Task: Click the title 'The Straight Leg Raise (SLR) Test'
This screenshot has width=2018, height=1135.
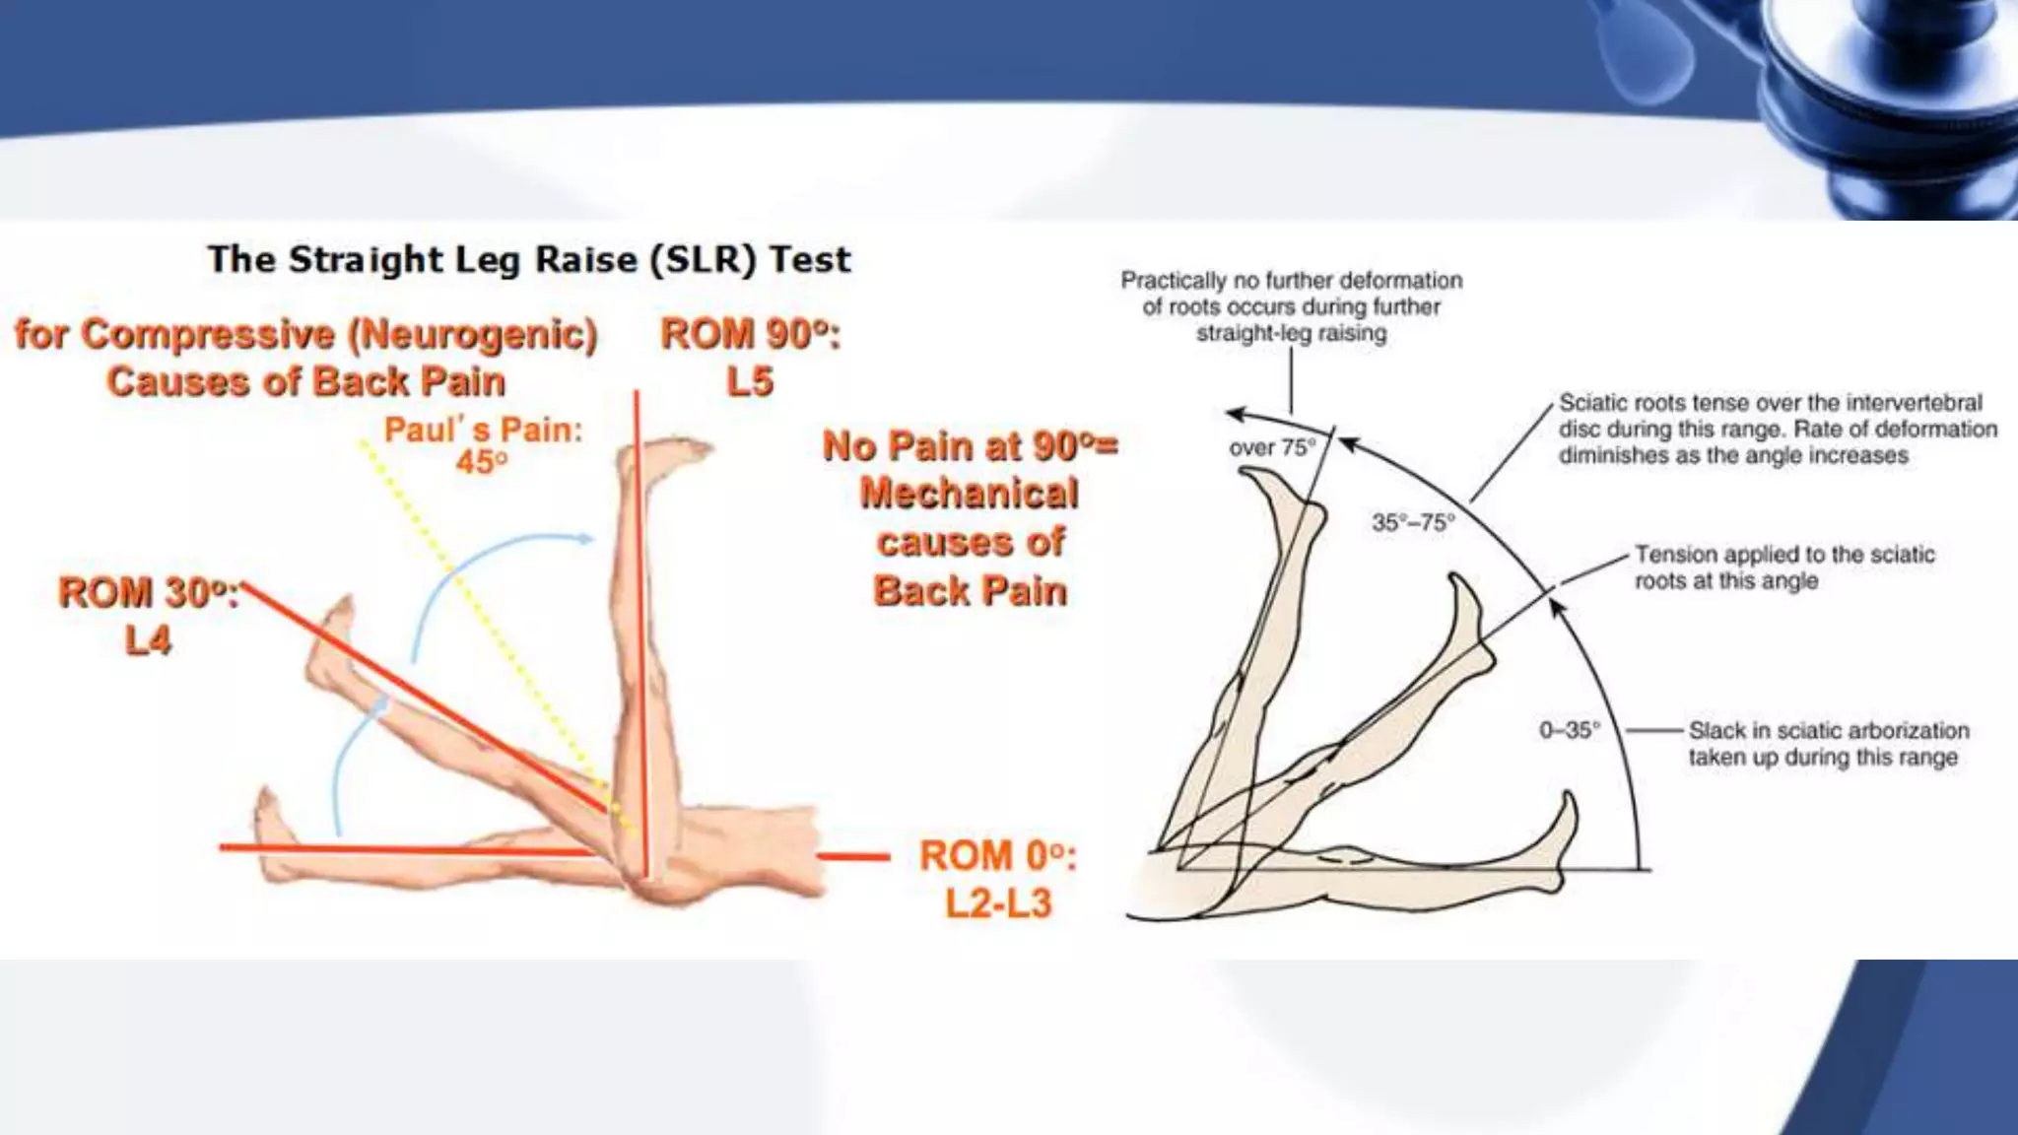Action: (529, 260)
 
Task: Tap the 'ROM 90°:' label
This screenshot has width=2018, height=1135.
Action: (750, 335)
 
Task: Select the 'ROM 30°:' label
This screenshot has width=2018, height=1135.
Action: (148, 593)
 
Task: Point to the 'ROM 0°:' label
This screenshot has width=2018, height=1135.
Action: (997, 856)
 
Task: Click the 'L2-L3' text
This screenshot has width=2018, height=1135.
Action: (998, 903)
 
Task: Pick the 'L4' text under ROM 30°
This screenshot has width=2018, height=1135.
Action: (148, 641)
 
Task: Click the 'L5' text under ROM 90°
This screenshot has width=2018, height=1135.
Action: (750, 382)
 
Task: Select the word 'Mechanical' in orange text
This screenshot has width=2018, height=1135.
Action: (970, 494)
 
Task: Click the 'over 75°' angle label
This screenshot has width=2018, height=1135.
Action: (1272, 448)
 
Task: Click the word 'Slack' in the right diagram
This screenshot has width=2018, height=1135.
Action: (1716, 731)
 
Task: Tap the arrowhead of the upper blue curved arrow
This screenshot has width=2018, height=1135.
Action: (587, 539)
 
